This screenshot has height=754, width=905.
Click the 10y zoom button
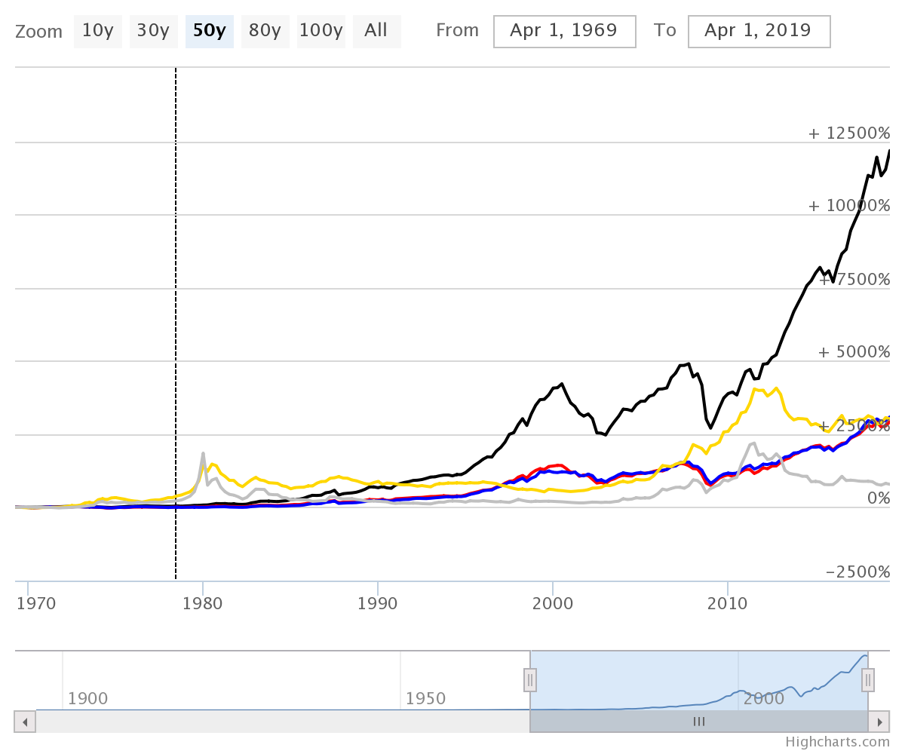pyautogui.click(x=97, y=31)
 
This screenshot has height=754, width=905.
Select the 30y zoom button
pyautogui.click(x=153, y=31)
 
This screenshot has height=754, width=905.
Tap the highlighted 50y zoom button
pyautogui.click(x=209, y=31)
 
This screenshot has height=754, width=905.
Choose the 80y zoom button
pyautogui.click(x=265, y=31)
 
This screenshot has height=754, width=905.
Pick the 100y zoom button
pyautogui.click(x=321, y=31)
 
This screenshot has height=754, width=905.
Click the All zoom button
pyautogui.click(x=376, y=31)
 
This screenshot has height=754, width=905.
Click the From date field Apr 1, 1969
pyautogui.click(x=564, y=31)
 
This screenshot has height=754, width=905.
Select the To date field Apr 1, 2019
pyautogui.click(x=758, y=31)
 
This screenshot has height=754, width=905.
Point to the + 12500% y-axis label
pyautogui.click(x=848, y=133)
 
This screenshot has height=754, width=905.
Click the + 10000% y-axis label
pyautogui.click(x=848, y=207)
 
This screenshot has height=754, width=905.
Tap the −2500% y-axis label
pyautogui.click(x=857, y=572)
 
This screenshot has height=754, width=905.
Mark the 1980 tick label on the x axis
pyautogui.click(x=202, y=604)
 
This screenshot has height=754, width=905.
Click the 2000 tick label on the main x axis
pyautogui.click(x=552, y=604)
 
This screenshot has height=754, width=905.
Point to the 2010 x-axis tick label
pyautogui.click(x=727, y=604)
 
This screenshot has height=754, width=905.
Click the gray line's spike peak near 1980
pyautogui.click(x=203, y=453)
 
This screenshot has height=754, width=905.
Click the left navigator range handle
pyautogui.click(x=530, y=680)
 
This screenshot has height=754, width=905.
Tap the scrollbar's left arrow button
pyautogui.click(x=25, y=722)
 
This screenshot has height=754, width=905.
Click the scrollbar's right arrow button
pyautogui.click(x=879, y=722)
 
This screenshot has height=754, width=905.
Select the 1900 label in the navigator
pyautogui.click(x=87, y=699)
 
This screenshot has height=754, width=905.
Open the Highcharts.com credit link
pyautogui.click(x=837, y=742)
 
